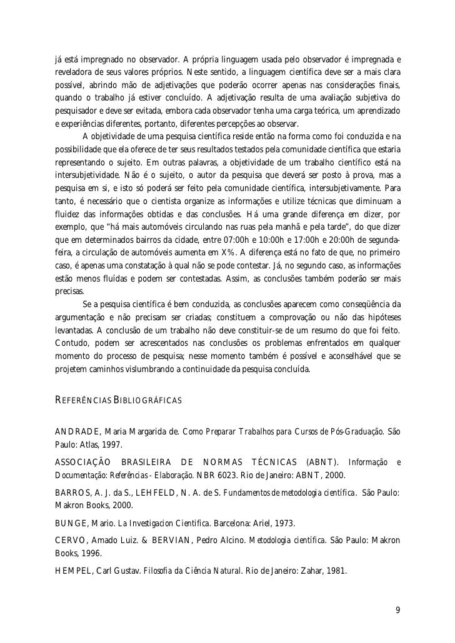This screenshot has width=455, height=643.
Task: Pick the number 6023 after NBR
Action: click(x=232, y=475)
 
